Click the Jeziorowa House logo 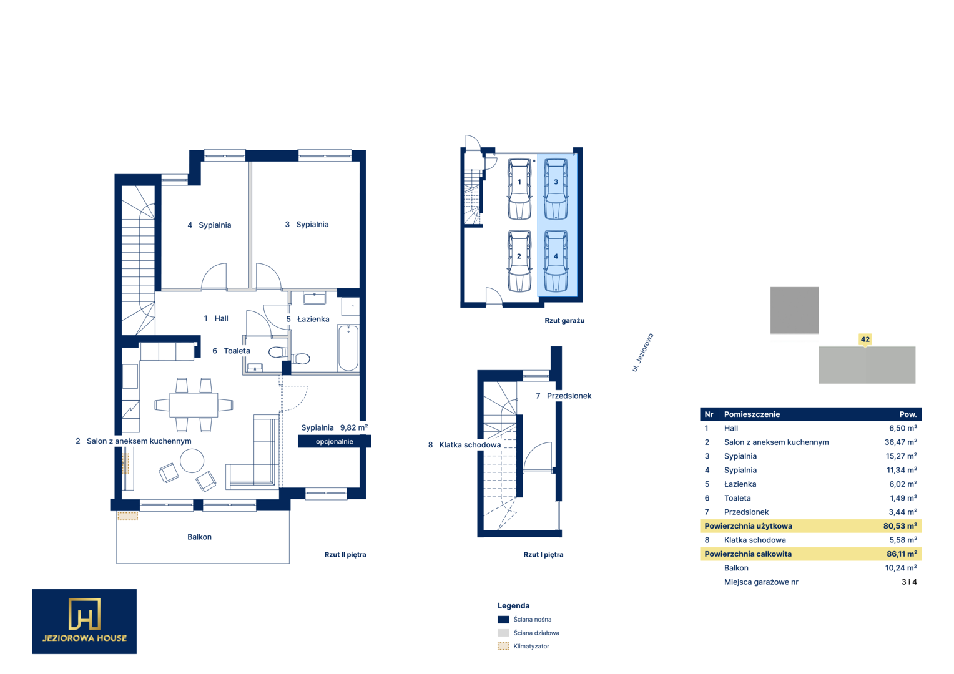click(x=84, y=621)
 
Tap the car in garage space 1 click(x=519, y=189)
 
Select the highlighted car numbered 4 click(x=556, y=261)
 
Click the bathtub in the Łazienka click(x=348, y=348)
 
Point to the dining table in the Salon click(x=194, y=404)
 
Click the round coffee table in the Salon click(x=192, y=461)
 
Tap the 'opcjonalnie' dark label click(x=334, y=441)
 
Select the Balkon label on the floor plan click(x=199, y=537)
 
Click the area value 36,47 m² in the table click(x=901, y=442)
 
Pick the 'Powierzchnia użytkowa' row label click(x=749, y=526)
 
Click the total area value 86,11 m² click(x=902, y=554)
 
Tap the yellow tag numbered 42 click(x=865, y=339)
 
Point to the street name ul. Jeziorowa click(x=642, y=353)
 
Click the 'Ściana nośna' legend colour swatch click(x=503, y=620)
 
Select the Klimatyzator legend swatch click(x=503, y=647)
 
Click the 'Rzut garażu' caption click(x=564, y=321)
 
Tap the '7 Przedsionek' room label click(x=563, y=396)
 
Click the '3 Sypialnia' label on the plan click(x=307, y=225)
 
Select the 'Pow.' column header click(x=908, y=414)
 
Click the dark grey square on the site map click(x=794, y=310)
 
